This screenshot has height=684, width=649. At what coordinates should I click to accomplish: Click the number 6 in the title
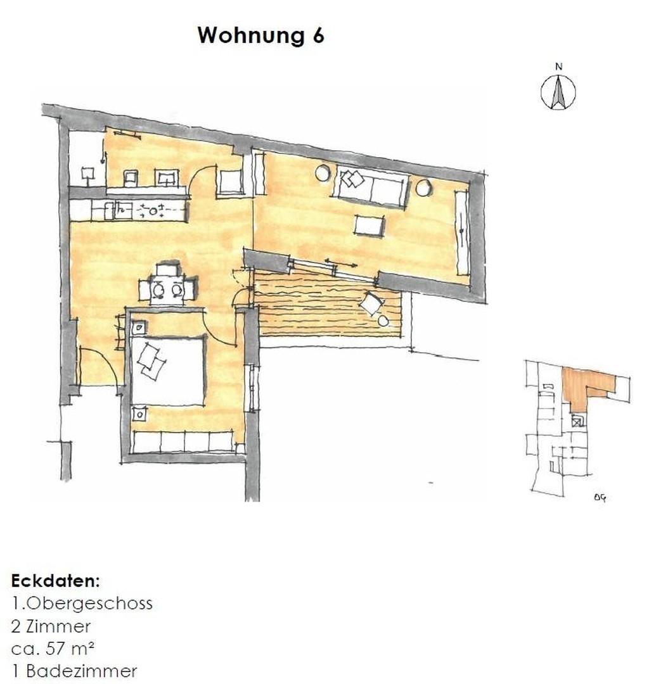click(318, 35)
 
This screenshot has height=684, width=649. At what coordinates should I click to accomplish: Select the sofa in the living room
click(371, 186)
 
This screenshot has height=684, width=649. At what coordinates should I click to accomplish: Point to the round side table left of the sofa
click(323, 173)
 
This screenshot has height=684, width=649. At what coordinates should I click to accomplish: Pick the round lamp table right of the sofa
click(423, 187)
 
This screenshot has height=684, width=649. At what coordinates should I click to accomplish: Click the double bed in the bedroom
click(168, 370)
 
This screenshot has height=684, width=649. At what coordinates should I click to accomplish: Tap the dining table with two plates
click(167, 289)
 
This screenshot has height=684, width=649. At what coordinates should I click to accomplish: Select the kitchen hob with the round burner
click(153, 211)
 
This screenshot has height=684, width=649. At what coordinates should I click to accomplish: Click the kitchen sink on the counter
click(124, 211)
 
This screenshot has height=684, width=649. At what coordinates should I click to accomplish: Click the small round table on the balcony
click(383, 321)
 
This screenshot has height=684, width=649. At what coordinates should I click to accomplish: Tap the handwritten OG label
click(600, 497)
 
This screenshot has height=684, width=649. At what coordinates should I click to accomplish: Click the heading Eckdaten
click(55, 581)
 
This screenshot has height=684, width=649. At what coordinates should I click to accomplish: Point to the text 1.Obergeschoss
click(82, 604)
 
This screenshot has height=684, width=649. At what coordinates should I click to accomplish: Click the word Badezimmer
click(82, 671)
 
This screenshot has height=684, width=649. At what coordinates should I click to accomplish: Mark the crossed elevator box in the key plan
click(577, 421)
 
